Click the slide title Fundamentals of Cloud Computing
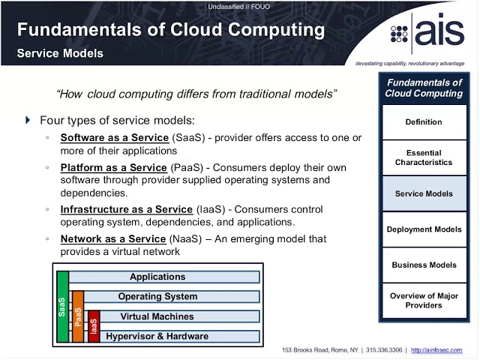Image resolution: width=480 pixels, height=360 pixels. click(x=171, y=31)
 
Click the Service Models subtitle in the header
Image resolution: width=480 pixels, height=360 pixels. click(x=60, y=54)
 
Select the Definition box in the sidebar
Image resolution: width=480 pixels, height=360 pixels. click(x=424, y=122)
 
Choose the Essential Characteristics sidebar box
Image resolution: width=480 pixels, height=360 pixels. click(x=424, y=157)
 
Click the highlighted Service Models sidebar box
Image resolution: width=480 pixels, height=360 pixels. click(x=424, y=193)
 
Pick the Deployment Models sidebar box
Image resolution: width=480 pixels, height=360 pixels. click(x=424, y=229)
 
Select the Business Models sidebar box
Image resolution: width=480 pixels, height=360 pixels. click(x=424, y=265)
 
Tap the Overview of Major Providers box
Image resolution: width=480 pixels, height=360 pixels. click(x=424, y=301)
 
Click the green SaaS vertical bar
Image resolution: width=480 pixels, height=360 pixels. click(x=63, y=307)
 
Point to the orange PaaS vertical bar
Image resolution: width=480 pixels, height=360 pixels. click(x=78, y=316)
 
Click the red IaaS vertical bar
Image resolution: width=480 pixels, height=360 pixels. click(x=94, y=326)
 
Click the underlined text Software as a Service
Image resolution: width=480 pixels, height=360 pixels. click(x=113, y=138)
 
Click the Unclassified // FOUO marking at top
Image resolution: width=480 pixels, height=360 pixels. click(x=239, y=7)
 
